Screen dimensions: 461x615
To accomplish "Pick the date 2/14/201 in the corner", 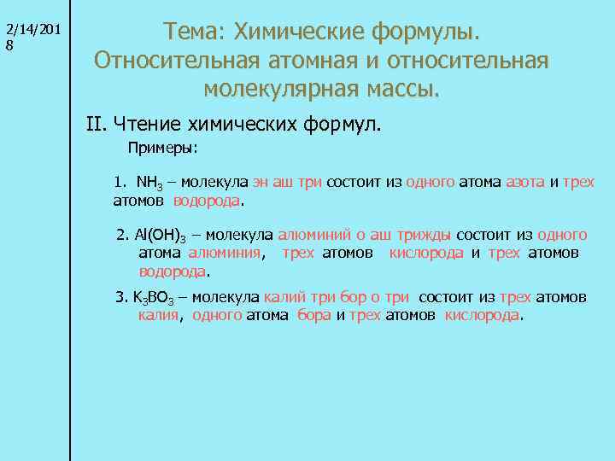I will [32, 30].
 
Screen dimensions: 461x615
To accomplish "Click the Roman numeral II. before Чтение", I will [96, 124].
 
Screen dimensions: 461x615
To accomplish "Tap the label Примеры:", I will [163, 148].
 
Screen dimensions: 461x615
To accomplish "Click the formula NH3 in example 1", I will [150, 183].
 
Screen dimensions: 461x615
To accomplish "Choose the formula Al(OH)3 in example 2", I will [159, 235].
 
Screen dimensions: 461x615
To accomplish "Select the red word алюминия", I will [225, 253].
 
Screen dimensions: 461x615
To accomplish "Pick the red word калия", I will [158, 315].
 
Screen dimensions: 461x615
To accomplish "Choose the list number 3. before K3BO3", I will [120, 296].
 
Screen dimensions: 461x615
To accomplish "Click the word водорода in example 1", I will [207, 201].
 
